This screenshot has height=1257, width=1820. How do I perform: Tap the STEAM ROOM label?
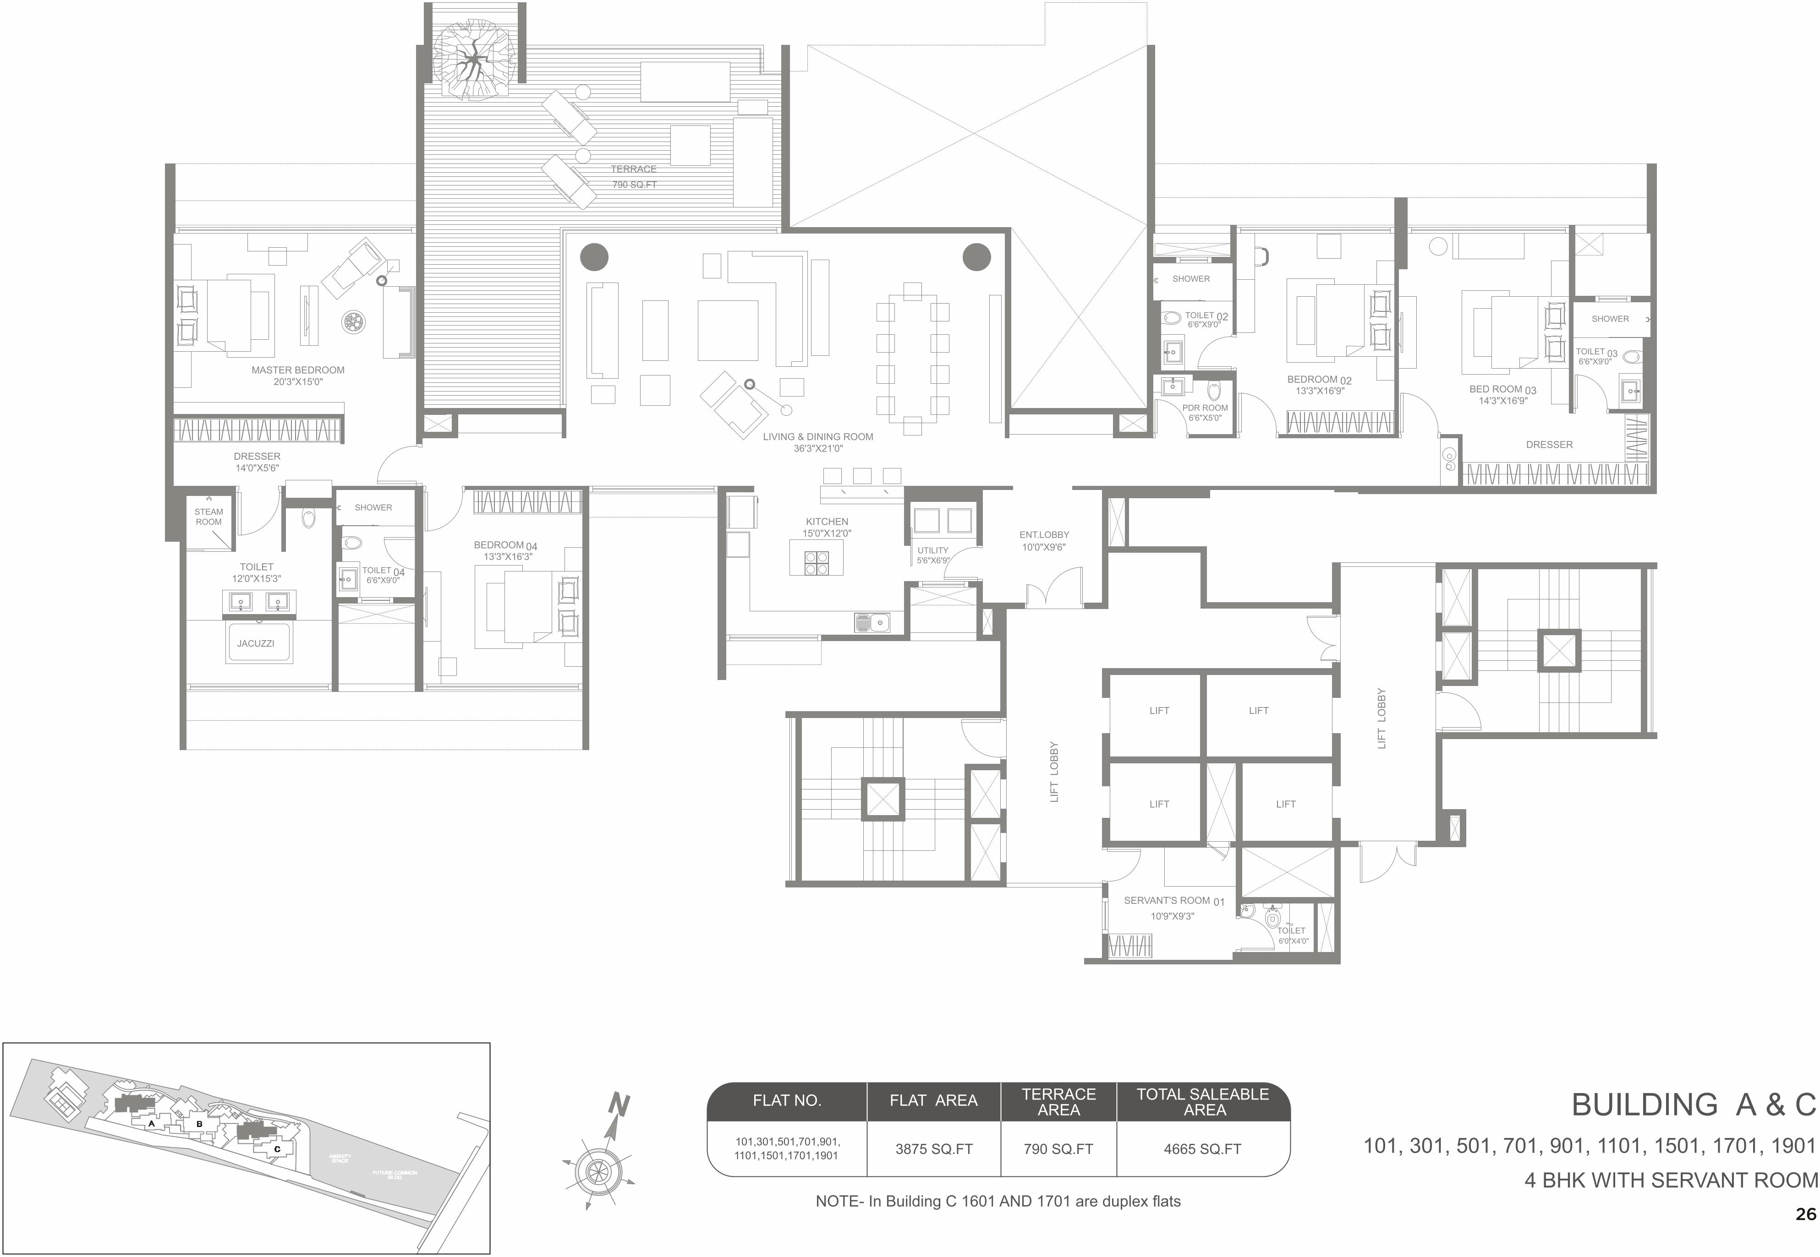pyautogui.click(x=209, y=517)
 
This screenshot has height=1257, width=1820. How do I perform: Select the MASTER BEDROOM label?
pyautogui.click(x=298, y=370)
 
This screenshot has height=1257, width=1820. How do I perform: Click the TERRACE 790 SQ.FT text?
pyautogui.click(x=633, y=176)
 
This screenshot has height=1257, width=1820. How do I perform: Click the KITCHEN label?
pyautogui.click(x=827, y=522)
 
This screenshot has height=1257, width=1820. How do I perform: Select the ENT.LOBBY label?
pyautogui.click(x=1044, y=535)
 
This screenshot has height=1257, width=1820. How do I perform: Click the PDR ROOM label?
pyautogui.click(x=1205, y=408)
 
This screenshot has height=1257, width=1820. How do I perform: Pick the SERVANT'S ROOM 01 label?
pyautogui.click(x=1173, y=900)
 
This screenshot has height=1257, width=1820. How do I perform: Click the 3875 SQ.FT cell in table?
pyautogui.click(x=934, y=1149)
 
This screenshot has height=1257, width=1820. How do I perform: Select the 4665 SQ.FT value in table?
pyautogui.click(x=1202, y=1149)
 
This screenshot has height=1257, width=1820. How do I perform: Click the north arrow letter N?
pyautogui.click(x=620, y=1106)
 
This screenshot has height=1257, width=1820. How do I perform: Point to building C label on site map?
pyautogui.click(x=277, y=1149)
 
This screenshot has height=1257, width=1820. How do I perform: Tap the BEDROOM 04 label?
pyautogui.click(x=505, y=545)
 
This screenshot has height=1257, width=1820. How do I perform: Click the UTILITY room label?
pyautogui.click(x=933, y=550)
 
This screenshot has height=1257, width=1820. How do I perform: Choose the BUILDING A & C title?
pyautogui.click(x=1694, y=1105)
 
